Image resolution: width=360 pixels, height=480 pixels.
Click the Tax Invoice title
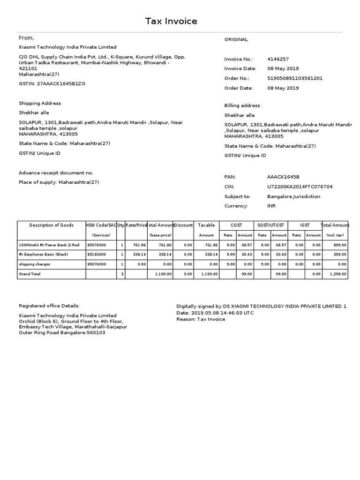171,21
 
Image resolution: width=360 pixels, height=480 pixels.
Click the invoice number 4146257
278,59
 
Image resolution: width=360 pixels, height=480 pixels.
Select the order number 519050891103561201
295,78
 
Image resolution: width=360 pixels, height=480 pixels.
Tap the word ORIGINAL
236,39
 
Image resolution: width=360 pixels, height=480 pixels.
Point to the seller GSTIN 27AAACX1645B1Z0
52,83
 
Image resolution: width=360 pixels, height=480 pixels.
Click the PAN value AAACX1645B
283,177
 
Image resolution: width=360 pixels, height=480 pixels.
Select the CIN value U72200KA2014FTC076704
300,187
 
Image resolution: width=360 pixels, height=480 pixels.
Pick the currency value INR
271,206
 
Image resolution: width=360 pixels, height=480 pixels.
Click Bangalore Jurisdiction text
293,196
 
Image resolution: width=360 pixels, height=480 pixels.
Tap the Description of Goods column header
51,225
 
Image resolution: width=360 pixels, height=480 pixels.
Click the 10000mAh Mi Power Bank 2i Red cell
49,245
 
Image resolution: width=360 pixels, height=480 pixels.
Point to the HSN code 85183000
97,255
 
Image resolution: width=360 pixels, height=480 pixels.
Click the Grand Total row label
29,274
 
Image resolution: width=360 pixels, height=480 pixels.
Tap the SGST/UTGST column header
270,225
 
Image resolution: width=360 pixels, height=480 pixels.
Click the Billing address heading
242,105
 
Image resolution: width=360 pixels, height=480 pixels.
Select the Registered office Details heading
49,306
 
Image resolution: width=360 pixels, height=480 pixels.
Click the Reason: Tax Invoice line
201,319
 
